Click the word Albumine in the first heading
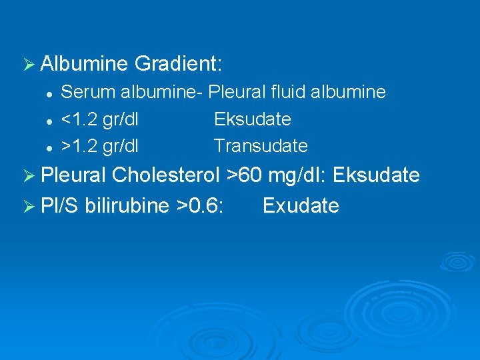point(84,65)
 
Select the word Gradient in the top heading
point(177,65)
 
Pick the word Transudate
point(261,145)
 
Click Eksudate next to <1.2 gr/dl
point(253,119)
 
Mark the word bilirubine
point(127,205)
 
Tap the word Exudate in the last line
point(301,205)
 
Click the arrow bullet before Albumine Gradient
point(28,65)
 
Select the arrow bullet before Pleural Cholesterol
point(28,176)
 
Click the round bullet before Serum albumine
point(49,93)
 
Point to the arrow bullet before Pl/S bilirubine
point(28,206)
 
